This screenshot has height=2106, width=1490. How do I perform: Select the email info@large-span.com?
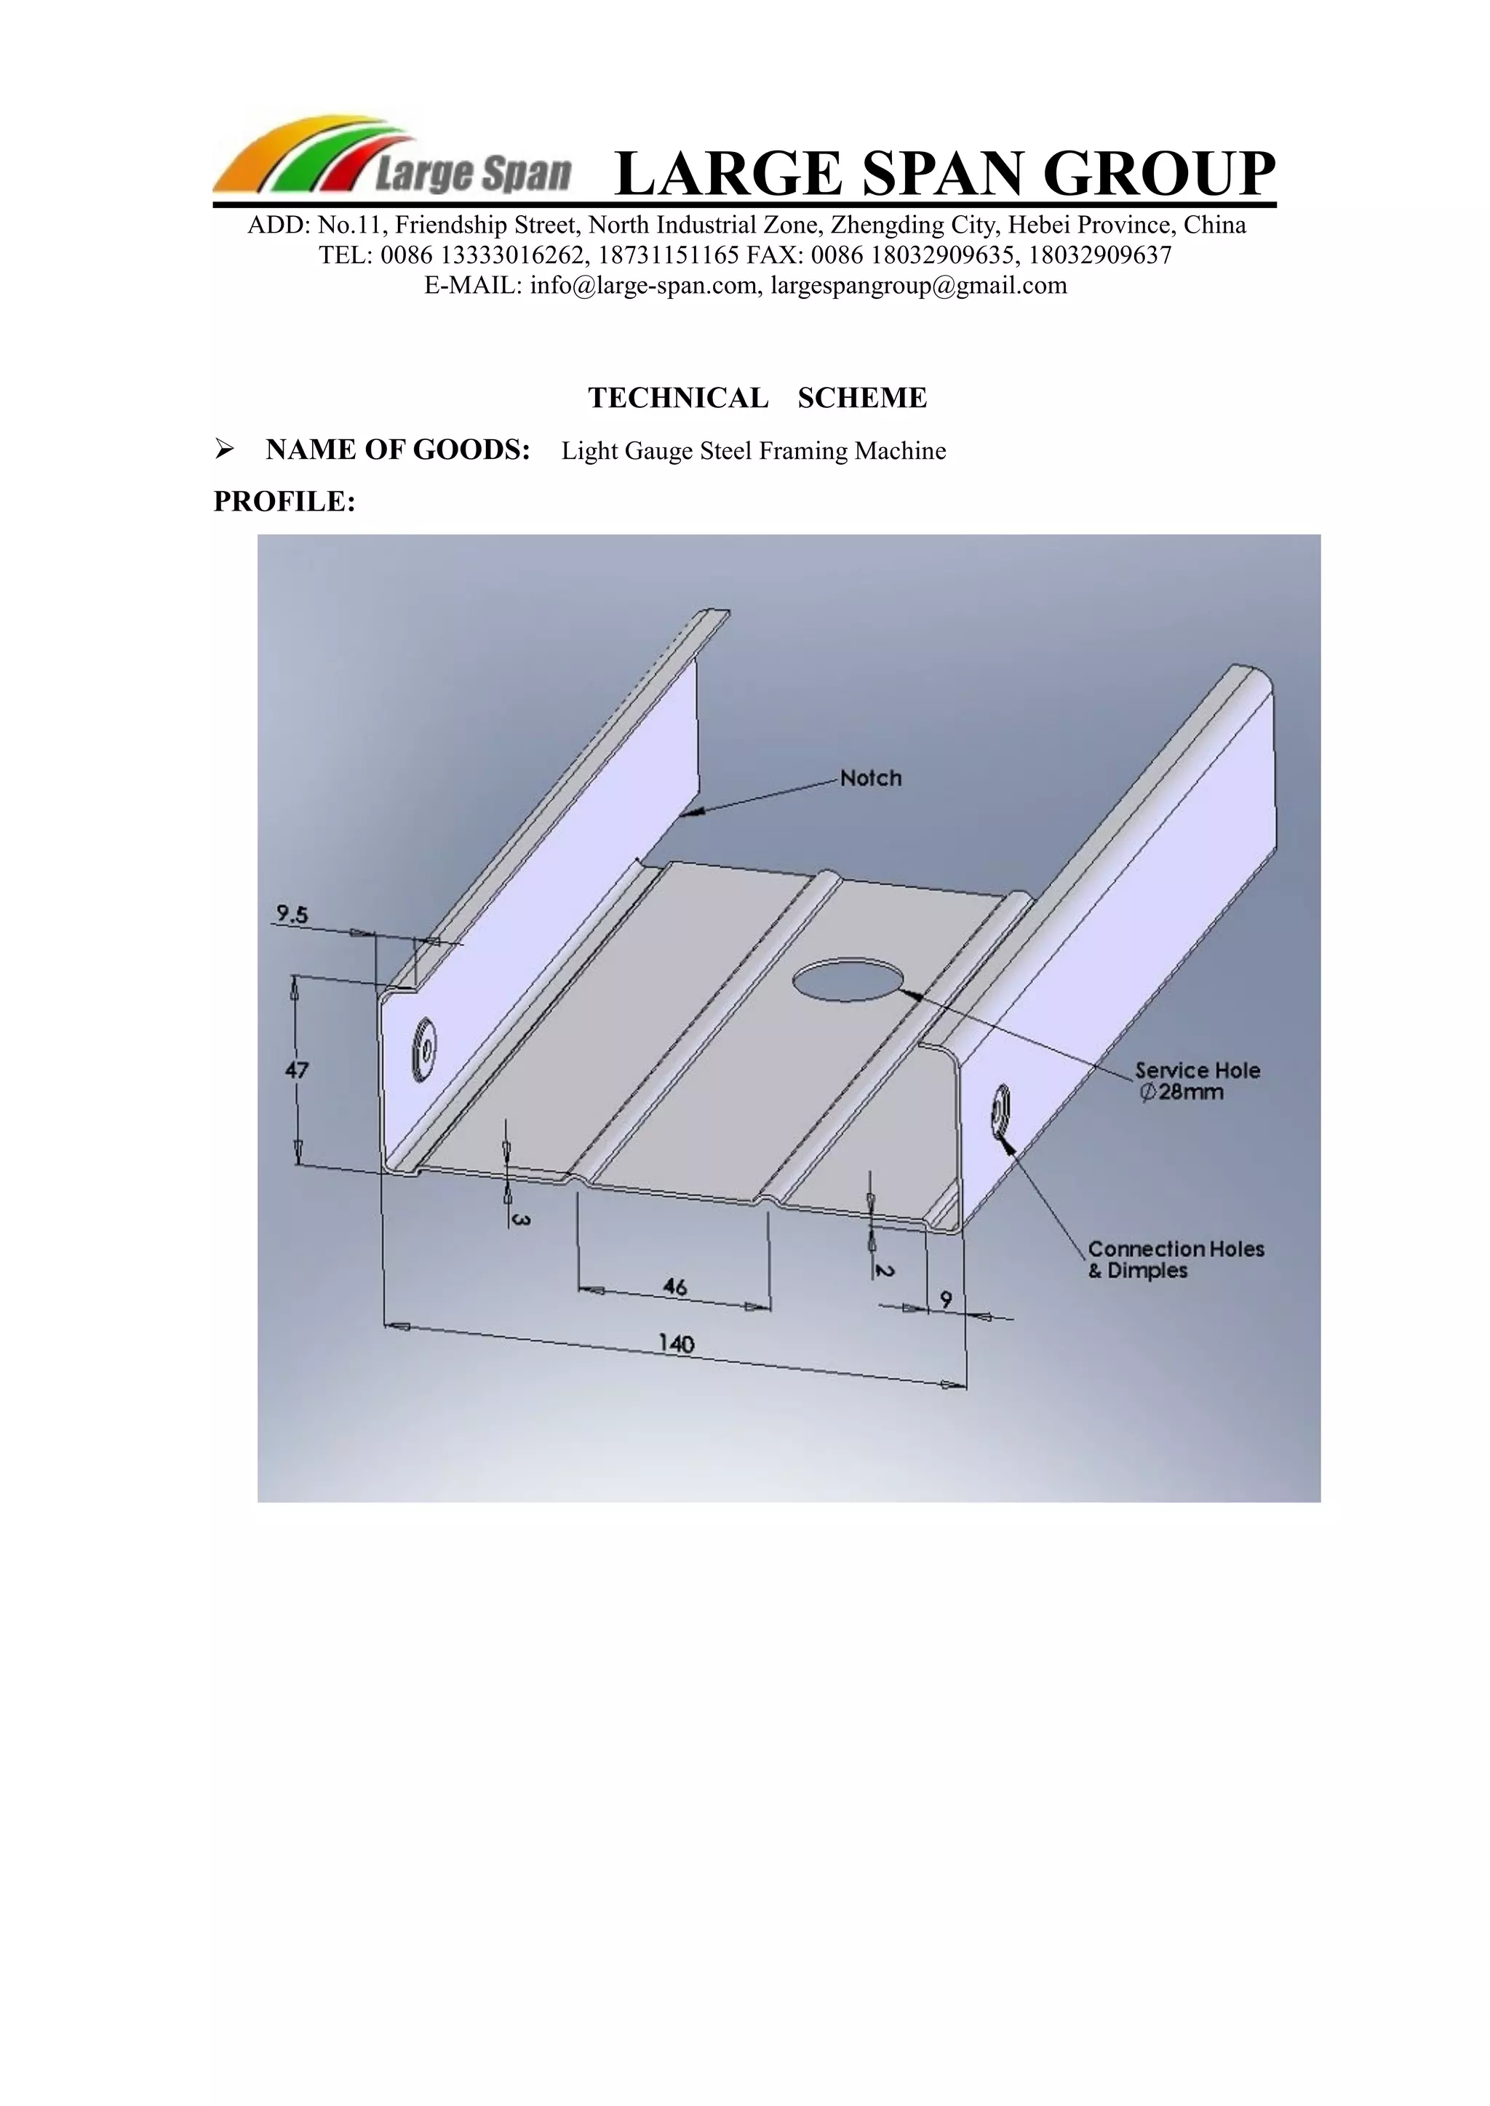point(644,285)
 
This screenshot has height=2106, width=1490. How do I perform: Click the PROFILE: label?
point(284,502)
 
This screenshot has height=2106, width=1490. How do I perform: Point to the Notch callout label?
point(871,779)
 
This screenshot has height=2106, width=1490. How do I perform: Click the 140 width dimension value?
point(676,1345)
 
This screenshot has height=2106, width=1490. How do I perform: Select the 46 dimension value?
point(674,1287)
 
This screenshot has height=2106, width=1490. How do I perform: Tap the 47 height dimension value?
point(298,1070)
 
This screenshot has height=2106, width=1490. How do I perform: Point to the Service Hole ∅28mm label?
point(1196,1081)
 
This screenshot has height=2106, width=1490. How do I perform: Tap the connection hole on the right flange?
point(999,1113)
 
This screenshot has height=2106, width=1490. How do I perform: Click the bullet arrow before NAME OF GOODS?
point(223,450)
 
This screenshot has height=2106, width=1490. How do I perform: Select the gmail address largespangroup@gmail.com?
point(918,285)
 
